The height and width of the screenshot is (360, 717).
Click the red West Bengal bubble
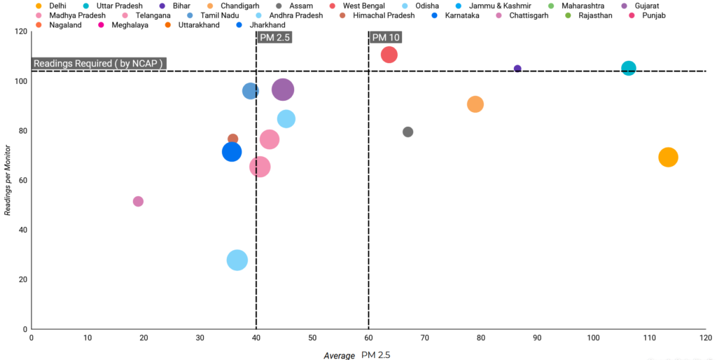(x=389, y=55)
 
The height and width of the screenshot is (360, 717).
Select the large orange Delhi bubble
(x=668, y=157)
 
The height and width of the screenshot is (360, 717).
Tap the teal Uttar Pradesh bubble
(x=628, y=69)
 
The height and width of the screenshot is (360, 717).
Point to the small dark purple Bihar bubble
(x=517, y=69)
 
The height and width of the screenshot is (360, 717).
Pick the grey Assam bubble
(x=408, y=132)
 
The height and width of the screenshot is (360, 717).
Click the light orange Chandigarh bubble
(x=475, y=104)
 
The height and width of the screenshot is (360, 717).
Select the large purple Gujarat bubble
(x=282, y=90)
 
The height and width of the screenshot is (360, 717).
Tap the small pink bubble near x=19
(x=138, y=201)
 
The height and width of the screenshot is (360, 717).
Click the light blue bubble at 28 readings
(x=237, y=261)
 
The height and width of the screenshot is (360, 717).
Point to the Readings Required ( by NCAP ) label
(x=99, y=63)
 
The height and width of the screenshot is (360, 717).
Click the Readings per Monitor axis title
(x=8, y=180)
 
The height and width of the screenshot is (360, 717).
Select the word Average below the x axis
(x=339, y=356)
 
